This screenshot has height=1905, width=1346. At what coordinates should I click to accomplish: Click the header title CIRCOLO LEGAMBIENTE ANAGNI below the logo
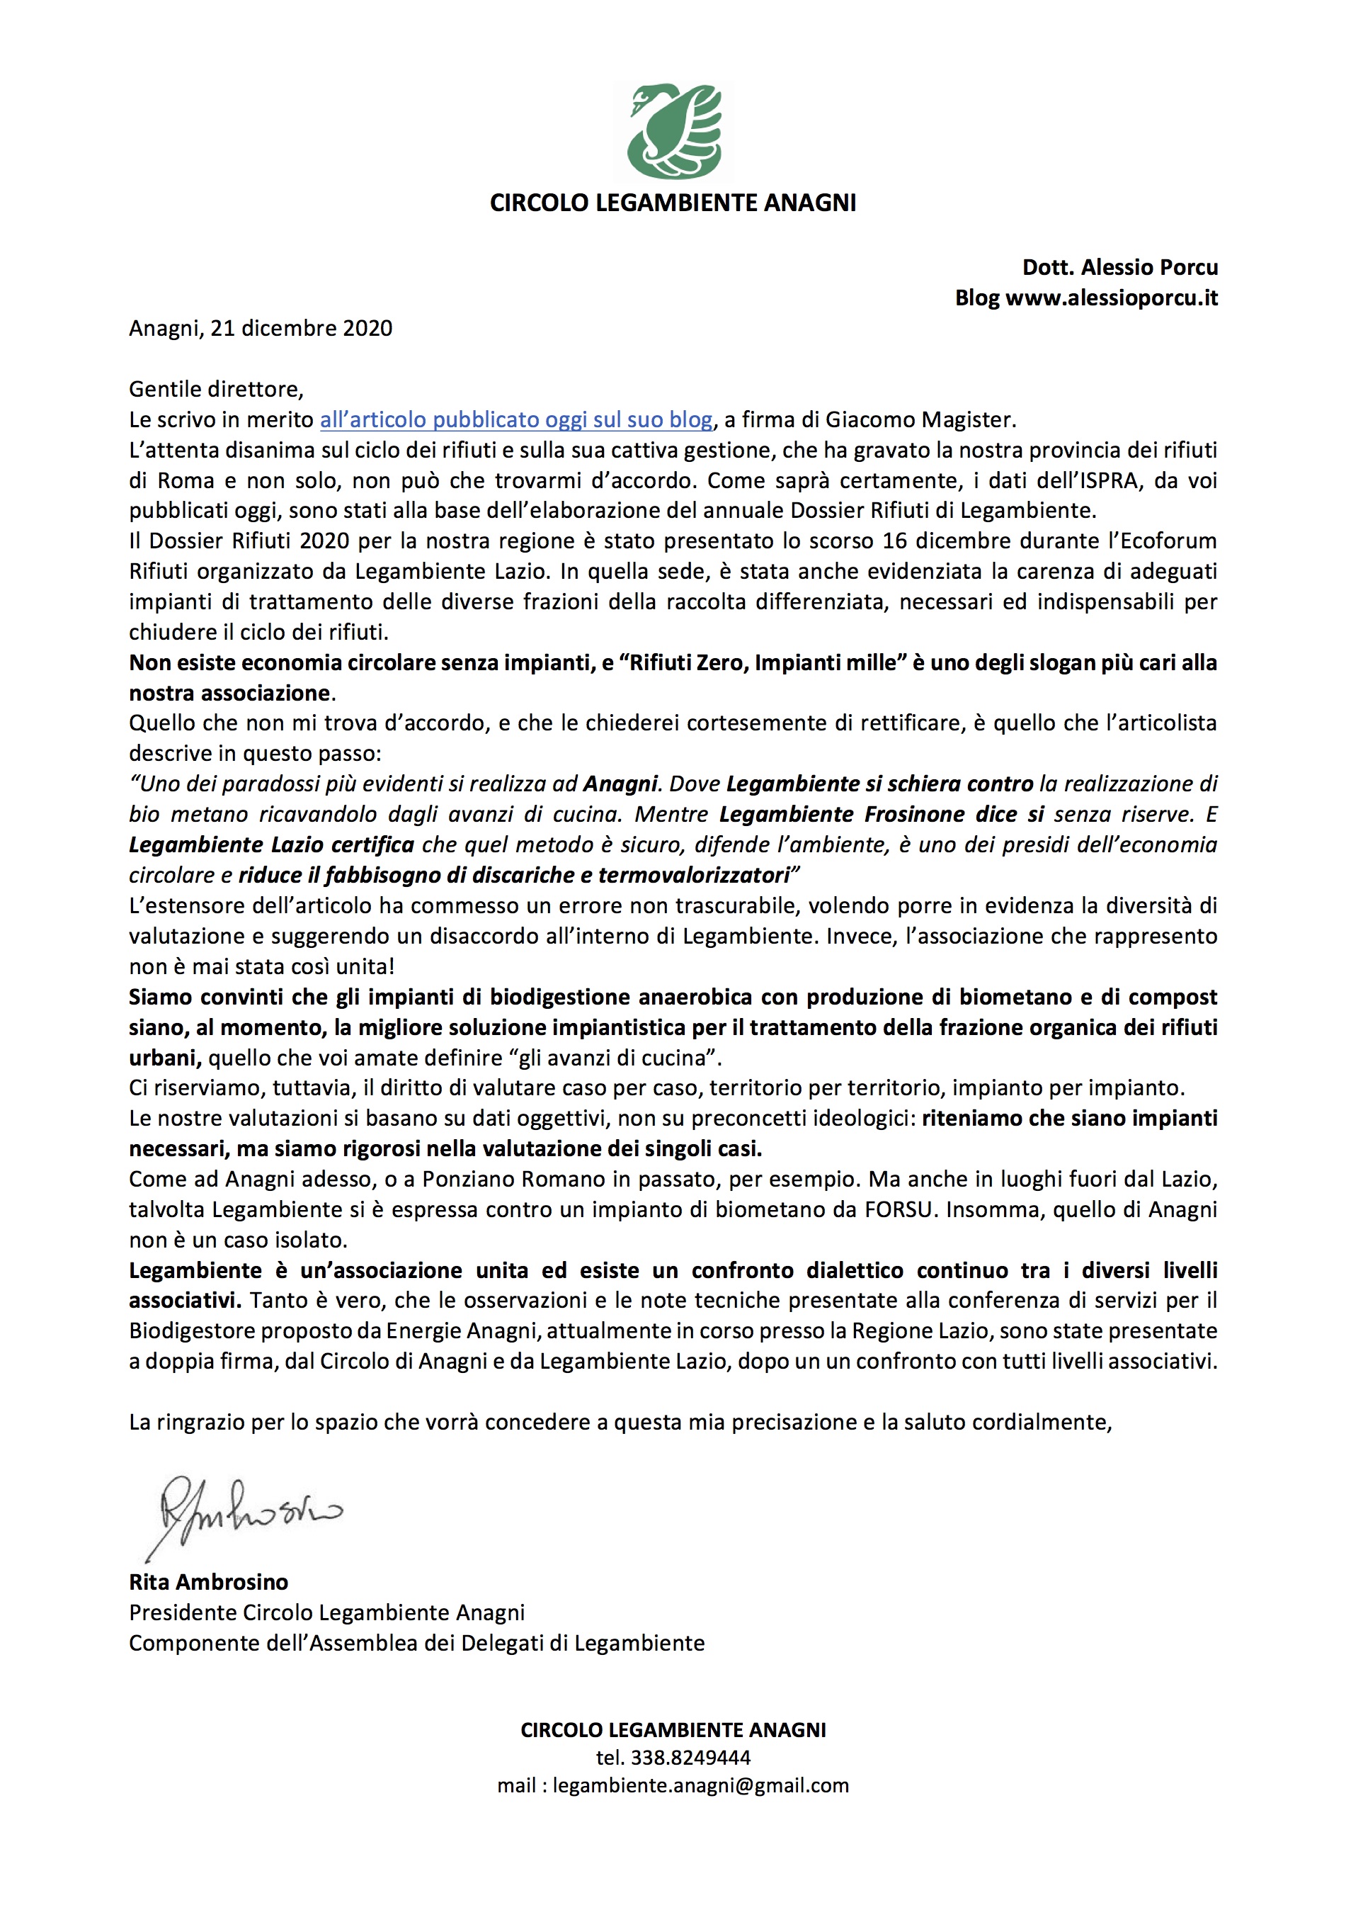tap(673, 203)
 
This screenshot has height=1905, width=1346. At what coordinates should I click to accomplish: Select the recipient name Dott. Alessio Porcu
tap(1119, 267)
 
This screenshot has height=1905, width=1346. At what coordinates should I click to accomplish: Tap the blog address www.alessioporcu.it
tap(1112, 298)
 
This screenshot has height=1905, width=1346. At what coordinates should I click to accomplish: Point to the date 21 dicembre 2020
tap(301, 329)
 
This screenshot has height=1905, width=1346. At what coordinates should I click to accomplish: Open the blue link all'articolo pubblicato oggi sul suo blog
tap(516, 420)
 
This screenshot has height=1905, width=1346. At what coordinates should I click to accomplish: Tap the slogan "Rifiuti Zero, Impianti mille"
tap(763, 663)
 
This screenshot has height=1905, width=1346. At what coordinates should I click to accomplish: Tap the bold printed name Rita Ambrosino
tap(208, 1582)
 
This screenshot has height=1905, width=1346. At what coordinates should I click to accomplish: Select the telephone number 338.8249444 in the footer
tap(691, 1758)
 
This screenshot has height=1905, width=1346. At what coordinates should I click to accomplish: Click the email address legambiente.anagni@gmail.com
tap(701, 1785)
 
